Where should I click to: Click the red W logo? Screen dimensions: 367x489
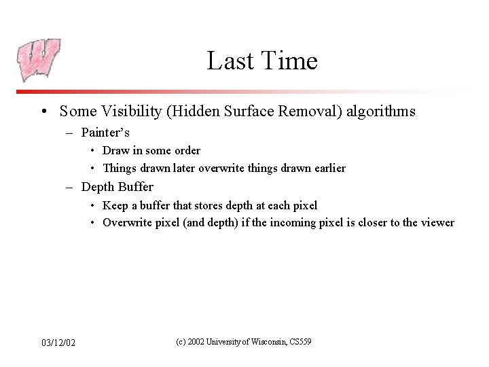[x=38, y=60]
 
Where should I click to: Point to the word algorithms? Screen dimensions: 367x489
[x=382, y=111]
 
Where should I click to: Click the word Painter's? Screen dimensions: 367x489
[x=105, y=132]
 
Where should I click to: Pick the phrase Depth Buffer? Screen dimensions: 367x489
[x=117, y=186]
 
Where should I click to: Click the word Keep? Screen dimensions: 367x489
[x=114, y=205]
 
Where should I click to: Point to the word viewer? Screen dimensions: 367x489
[x=437, y=223]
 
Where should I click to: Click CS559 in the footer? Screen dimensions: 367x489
[x=300, y=341]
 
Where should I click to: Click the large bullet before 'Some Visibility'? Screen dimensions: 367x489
[x=43, y=111]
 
